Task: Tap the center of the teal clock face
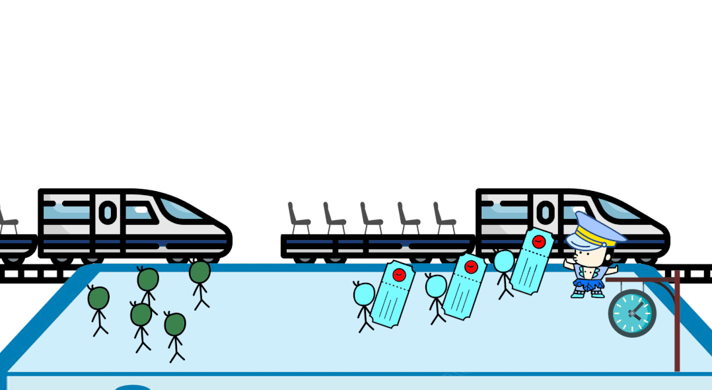coord(632,313)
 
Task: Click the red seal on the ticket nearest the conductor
coord(538,241)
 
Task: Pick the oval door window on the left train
coord(107,212)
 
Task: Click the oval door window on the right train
coord(545,212)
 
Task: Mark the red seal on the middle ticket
coord(471,267)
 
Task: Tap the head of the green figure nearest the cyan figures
coord(199,272)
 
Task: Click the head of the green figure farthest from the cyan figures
coord(98,298)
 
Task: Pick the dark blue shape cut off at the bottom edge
coord(132,387)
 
